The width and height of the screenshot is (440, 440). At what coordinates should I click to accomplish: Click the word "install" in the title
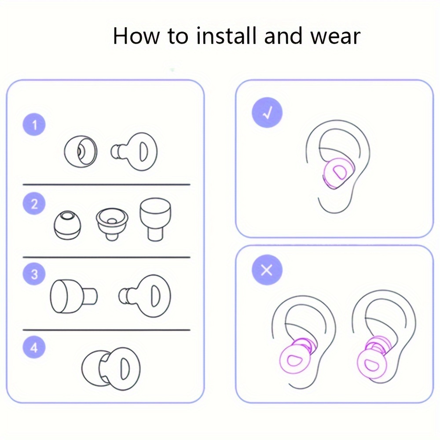point(227,36)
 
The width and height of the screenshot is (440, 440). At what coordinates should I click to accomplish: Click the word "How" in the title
point(136,36)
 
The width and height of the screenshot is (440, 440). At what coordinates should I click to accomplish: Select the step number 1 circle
point(34,125)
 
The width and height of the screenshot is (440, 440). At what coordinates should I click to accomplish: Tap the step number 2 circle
point(34,203)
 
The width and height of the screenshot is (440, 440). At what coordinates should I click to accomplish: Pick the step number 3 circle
point(34,274)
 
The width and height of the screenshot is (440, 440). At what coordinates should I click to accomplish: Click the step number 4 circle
point(34,348)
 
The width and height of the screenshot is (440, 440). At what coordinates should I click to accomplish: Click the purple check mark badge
point(267,113)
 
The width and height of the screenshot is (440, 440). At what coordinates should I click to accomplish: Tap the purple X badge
point(267,270)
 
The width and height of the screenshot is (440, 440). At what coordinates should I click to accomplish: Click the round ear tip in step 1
point(81,151)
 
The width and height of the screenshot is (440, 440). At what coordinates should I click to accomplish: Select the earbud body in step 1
point(134,152)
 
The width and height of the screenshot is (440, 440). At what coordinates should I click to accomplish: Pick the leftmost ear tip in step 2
point(67,225)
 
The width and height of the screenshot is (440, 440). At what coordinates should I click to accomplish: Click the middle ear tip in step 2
point(112,224)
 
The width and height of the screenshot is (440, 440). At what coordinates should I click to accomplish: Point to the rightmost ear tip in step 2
point(155,219)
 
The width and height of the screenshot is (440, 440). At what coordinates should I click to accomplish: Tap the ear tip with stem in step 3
point(74,296)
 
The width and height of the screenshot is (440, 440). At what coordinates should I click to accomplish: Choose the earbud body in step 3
point(144,296)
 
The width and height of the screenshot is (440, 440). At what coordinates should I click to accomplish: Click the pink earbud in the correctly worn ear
point(338,173)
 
